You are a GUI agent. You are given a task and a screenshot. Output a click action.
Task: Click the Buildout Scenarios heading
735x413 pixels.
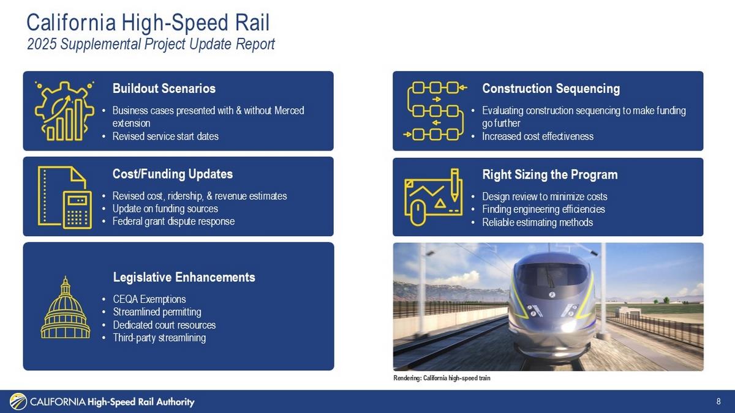coord(164,89)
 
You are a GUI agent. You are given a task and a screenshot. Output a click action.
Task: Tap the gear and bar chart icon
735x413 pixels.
coord(65,111)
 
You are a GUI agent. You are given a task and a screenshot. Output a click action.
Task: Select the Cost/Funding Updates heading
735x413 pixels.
coord(173,174)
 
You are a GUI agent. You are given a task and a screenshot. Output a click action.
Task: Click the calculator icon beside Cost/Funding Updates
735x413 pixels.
coord(77,210)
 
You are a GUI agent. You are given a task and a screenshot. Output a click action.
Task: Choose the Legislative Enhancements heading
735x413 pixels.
coord(184,277)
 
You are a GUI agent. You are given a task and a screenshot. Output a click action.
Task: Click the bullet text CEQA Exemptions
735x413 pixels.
coord(149,299)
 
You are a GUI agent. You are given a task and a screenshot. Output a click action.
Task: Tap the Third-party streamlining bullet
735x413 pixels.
coord(159,338)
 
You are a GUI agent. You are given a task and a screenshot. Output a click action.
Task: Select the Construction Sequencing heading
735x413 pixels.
coord(551,89)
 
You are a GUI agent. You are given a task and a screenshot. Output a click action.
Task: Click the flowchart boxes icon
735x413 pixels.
coord(435,111)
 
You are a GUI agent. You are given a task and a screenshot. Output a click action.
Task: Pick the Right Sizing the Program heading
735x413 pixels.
coord(550,175)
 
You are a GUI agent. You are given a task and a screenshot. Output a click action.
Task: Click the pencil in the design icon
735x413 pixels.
coord(454,185)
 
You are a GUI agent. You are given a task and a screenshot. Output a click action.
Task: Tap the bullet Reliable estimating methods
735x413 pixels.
coord(538,223)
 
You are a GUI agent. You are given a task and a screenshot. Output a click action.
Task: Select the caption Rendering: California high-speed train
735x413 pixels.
coord(442,378)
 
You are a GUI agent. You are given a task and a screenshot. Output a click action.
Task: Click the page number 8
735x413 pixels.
coord(718,401)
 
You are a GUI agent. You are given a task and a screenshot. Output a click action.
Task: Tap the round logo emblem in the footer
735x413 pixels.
coord(18,401)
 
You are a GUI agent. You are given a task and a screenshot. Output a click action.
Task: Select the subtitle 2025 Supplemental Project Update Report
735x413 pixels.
coord(151,44)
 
